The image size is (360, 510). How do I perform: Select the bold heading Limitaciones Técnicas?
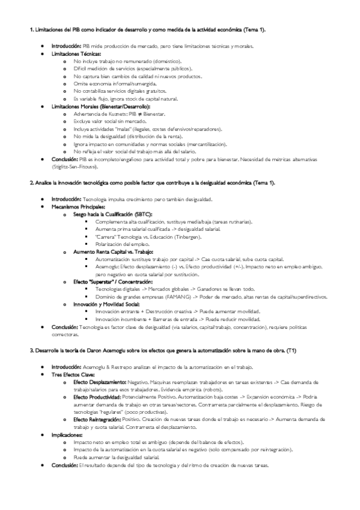coord(76,53)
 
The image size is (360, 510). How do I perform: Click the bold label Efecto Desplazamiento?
coord(99,382)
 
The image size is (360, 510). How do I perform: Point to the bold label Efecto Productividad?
coord(97,397)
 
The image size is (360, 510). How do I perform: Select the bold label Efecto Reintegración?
coord(97,420)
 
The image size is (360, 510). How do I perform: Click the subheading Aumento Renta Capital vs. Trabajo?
coord(113,251)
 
